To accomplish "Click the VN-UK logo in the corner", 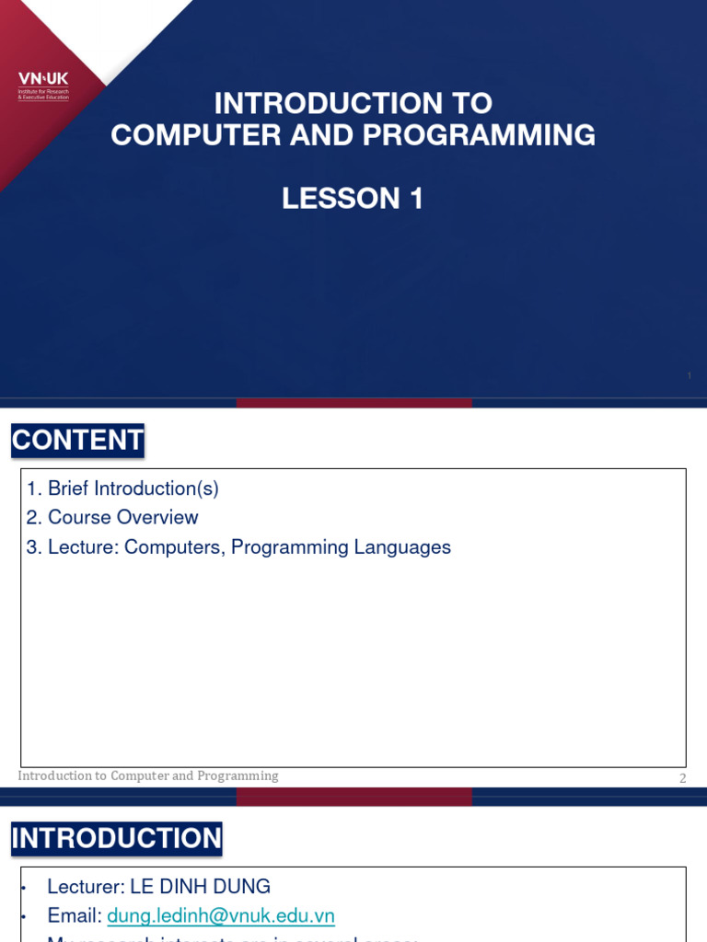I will pyautogui.click(x=43, y=86).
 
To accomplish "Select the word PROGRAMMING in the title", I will pyautogui.click(x=479, y=135).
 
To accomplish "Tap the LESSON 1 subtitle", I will pyautogui.click(x=353, y=198).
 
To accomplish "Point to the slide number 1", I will pyautogui.click(x=689, y=376).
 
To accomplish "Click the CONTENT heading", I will pyautogui.click(x=77, y=441).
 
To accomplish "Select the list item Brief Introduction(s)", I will pyautogui.click(x=133, y=488).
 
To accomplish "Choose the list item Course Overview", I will pyautogui.click(x=122, y=518).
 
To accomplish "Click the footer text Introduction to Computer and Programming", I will pyautogui.click(x=148, y=775).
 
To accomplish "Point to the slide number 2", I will pyautogui.click(x=683, y=778).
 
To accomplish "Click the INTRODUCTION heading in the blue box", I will pyautogui.click(x=117, y=838).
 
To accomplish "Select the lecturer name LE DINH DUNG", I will pyautogui.click(x=200, y=887).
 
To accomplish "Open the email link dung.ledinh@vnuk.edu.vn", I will pyautogui.click(x=221, y=916).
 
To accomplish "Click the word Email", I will pyautogui.click(x=74, y=916).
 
